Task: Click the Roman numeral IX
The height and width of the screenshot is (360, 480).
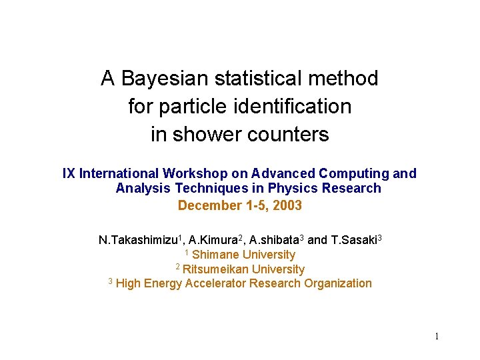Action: [x=69, y=174]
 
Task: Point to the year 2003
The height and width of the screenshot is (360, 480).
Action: [x=287, y=206]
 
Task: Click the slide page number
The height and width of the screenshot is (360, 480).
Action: [x=437, y=337]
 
